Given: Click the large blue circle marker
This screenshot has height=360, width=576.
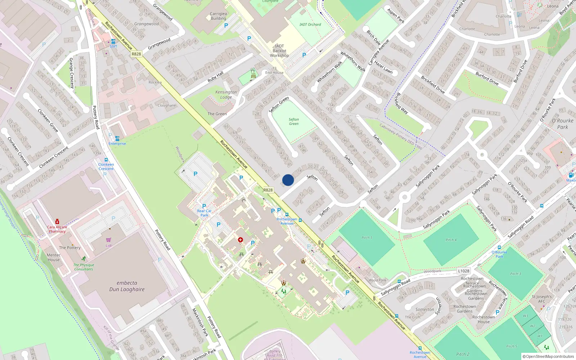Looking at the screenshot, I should (288, 180).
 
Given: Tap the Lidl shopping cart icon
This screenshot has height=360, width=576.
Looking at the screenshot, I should (109, 240).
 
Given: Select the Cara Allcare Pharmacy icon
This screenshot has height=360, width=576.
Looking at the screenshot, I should (57, 222).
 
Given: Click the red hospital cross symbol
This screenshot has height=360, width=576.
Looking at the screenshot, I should (240, 240).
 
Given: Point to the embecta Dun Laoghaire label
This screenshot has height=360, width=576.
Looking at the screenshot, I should (127, 286).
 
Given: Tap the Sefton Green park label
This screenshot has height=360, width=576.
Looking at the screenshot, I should (294, 122).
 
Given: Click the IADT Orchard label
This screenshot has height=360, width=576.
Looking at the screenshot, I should (310, 24).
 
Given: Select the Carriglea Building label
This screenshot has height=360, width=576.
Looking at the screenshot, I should (218, 16).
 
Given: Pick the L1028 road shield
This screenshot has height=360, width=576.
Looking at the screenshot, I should (464, 271).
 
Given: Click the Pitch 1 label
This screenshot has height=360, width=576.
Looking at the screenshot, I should (367, 238).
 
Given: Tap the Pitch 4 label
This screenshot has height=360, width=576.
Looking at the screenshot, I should (451, 240).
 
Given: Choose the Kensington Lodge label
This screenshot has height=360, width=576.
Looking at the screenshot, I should (226, 94).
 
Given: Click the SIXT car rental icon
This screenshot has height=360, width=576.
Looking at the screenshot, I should (113, 41).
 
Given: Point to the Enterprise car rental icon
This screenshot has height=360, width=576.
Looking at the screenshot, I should (117, 139).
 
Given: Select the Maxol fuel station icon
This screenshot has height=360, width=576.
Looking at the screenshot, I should (571, 175).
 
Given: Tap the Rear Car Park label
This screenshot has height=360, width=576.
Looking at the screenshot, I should (204, 213).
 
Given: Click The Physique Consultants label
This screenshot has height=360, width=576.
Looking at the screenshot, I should (84, 267).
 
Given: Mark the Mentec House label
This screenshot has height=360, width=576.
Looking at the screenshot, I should (54, 257).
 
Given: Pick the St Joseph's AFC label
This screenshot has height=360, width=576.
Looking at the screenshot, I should (541, 299).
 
